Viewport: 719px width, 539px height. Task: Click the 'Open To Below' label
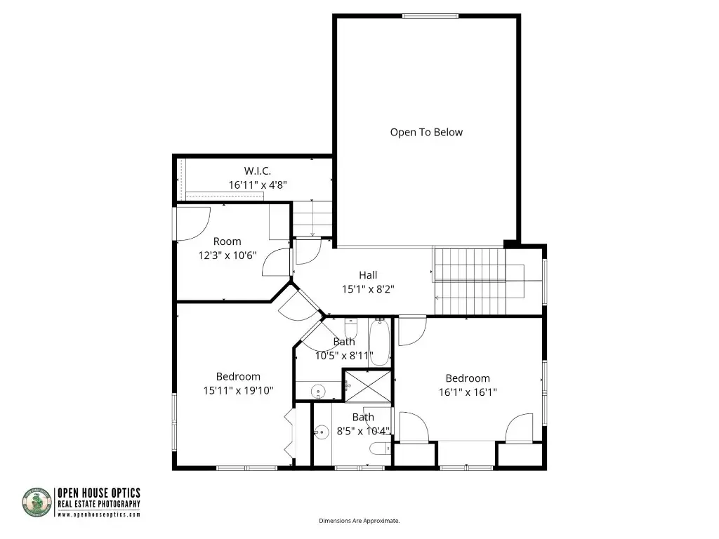click(426, 132)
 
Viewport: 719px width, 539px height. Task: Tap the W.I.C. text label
click(257, 171)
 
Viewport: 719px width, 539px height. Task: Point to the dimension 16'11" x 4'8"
click(257, 185)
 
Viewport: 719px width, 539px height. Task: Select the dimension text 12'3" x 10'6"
click(227, 255)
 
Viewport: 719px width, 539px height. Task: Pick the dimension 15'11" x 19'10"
click(238, 390)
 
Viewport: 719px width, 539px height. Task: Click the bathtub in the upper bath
click(379, 342)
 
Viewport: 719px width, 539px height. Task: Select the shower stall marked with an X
click(367, 385)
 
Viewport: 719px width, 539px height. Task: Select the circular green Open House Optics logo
click(37, 503)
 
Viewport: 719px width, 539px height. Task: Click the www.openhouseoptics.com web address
click(98, 514)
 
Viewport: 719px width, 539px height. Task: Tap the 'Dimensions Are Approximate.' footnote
click(359, 521)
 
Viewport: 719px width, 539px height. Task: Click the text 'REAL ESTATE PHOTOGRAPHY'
click(98, 504)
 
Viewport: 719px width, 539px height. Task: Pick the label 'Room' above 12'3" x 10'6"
click(227, 241)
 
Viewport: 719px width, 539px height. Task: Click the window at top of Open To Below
click(427, 15)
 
